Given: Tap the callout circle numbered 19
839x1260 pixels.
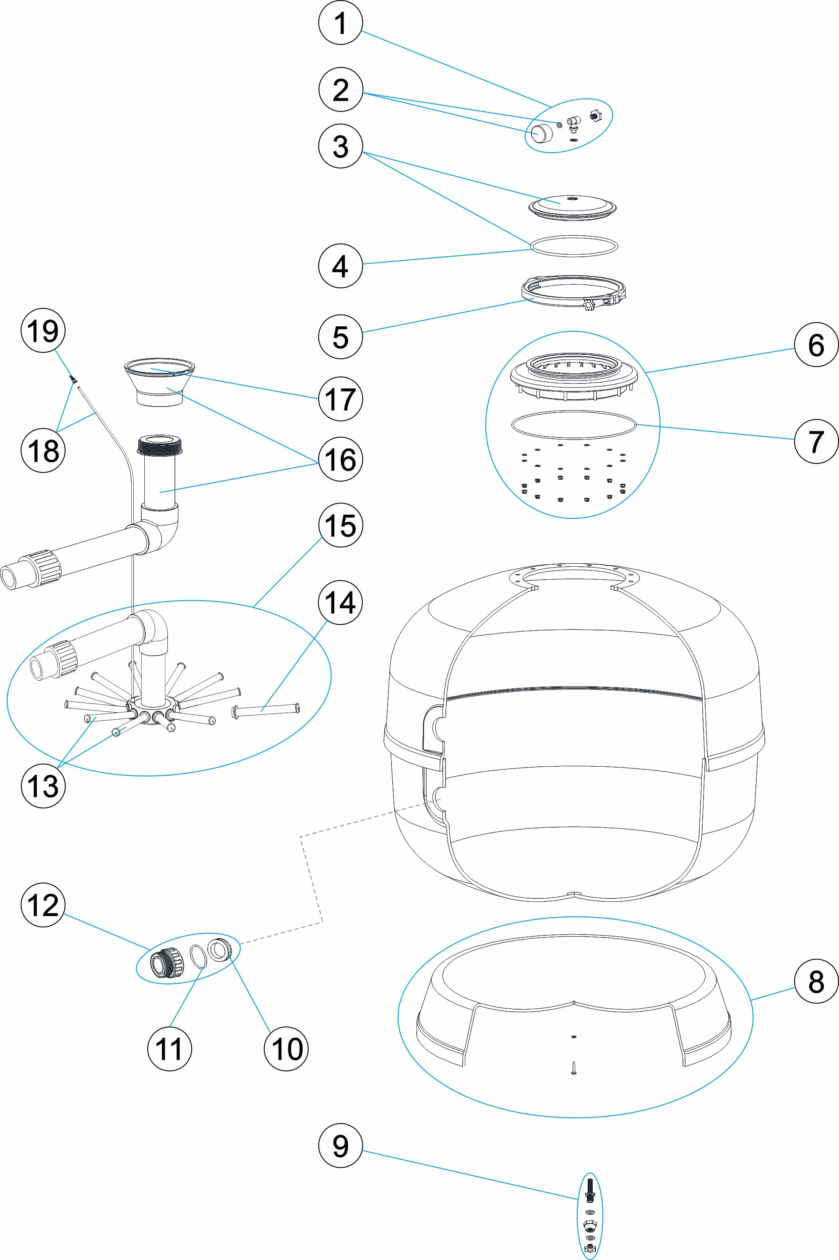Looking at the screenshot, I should coord(43,331).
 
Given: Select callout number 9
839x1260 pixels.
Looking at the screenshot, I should coord(340,1145).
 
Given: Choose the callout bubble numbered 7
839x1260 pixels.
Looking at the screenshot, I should coord(816,441).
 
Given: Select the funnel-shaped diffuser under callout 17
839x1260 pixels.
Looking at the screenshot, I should coord(159,384).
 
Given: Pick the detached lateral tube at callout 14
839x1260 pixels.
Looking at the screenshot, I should coord(266,710).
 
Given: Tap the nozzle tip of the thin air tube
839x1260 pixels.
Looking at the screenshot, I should coord(72,379).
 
